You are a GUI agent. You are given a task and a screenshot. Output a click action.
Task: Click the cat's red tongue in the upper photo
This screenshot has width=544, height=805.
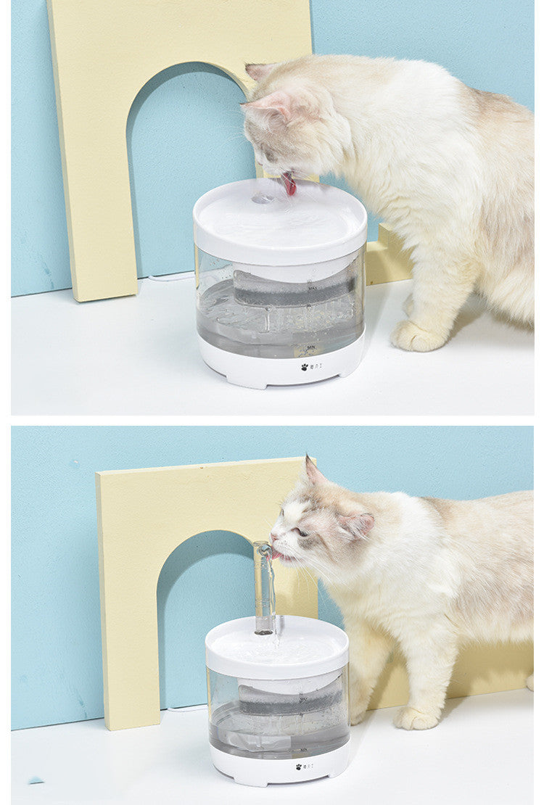coord(289,184)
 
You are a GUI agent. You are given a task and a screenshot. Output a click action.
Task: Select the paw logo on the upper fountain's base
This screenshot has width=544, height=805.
coord(305,367)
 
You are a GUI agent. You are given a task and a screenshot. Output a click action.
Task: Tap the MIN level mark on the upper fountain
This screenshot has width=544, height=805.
coord(309,349)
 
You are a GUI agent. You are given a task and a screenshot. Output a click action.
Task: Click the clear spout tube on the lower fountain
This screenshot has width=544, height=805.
coord(264,587)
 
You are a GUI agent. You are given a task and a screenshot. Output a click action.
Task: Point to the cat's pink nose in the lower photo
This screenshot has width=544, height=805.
coord(274,537)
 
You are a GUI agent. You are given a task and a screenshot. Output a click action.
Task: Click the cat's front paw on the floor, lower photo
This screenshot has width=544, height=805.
coord(417,718)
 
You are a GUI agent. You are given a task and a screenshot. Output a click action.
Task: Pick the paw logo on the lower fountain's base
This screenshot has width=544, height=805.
coord(299,766)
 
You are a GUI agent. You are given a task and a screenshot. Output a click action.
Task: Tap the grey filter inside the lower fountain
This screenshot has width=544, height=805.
coord(290,698)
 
